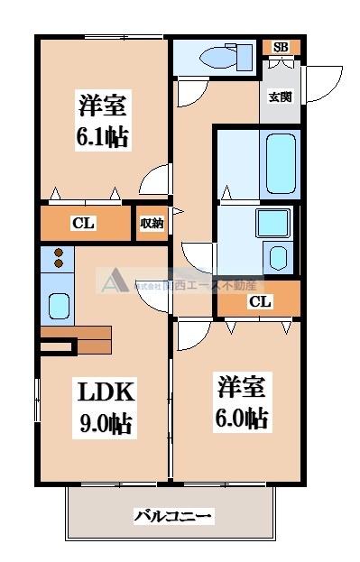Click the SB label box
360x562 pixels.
[280, 47]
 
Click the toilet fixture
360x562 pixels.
[219, 58]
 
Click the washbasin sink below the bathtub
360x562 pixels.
[269, 222]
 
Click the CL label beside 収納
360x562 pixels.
[84, 223]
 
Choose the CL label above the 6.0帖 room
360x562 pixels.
[258, 301]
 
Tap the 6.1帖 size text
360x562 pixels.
[100, 138]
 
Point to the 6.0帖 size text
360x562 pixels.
[242, 418]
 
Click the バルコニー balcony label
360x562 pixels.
[173, 516]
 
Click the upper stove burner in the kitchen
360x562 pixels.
[59, 253]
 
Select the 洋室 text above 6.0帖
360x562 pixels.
[242, 387]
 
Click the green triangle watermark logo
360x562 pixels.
[113, 285]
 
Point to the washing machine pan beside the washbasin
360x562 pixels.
[280, 258]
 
